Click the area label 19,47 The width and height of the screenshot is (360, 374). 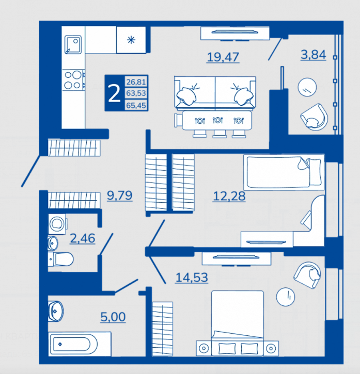223,57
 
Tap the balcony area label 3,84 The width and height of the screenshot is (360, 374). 313,55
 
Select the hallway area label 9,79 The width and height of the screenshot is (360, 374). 119,196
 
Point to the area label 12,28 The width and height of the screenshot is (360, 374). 229,197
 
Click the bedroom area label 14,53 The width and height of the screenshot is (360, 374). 192,278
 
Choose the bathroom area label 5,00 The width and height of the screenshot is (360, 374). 113,317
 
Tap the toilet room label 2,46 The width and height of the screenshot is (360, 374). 83,238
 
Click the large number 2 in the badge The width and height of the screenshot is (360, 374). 114,93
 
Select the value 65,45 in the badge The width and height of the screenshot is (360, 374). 136,105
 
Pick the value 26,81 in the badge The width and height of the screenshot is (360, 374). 136,82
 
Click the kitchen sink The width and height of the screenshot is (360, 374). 73,44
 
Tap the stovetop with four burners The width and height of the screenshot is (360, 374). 73,80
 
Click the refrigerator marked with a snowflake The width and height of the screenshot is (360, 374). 131,40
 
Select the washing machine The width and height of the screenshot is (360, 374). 57,224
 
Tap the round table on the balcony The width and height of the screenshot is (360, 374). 307,87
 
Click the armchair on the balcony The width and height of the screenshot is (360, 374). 314,117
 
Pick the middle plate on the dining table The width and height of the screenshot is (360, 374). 218,120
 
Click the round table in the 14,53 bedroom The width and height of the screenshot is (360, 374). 286,297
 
